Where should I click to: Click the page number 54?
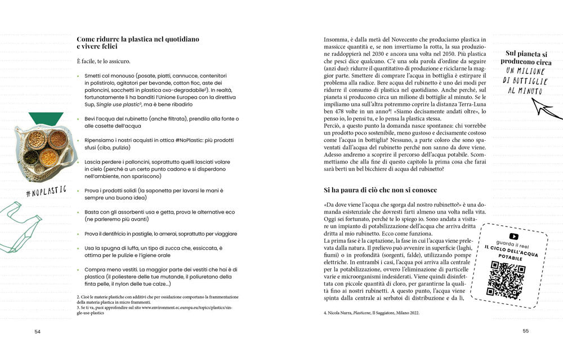(38, 331)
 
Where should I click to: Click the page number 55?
(526, 331)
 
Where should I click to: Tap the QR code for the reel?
(507, 279)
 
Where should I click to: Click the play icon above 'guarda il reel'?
(513, 237)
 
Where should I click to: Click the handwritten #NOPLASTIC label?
(46, 190)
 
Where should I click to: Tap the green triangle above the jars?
(46, 118)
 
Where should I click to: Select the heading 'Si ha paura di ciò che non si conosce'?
(380, 190)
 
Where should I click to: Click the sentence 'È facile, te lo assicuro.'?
(104, 61)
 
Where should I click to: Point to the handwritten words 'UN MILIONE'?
(526, 71)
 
